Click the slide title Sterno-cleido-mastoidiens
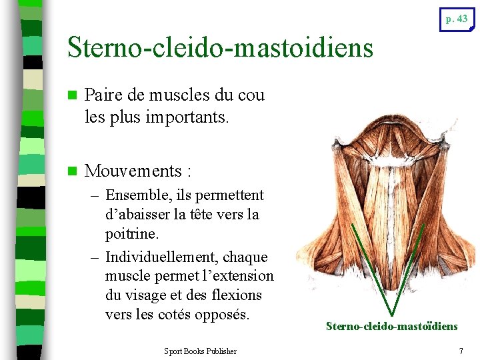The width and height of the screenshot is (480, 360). click(x=221, y=47)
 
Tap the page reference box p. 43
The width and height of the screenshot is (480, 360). click(x=457, y=19)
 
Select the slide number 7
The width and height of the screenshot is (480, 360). click(x=461, y=351)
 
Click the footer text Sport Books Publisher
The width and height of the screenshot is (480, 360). click(x=200, y=351)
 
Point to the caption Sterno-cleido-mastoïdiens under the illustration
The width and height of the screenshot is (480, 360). click(x=392, y=326)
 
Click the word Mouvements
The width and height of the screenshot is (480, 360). click(x=134, y=171)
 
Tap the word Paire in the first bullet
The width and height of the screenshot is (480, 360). click(x=104, y=95)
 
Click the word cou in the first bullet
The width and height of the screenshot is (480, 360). click(x=251, y=95)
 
